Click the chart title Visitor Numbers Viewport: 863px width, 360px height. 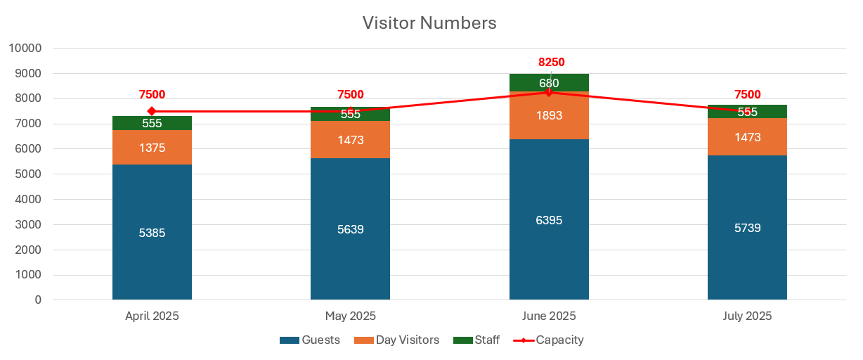429,23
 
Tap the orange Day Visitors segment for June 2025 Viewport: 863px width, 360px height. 549,127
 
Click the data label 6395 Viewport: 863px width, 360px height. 549,220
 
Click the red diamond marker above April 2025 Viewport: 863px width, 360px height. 152,111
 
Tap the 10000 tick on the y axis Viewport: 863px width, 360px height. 25,48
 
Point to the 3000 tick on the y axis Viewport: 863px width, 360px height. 28,225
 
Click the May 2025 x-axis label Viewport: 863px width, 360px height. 350,316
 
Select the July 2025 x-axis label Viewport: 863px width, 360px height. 747,316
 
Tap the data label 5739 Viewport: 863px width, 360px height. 747,228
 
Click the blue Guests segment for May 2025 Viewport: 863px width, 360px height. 350,260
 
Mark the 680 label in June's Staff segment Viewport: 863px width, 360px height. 549,83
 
